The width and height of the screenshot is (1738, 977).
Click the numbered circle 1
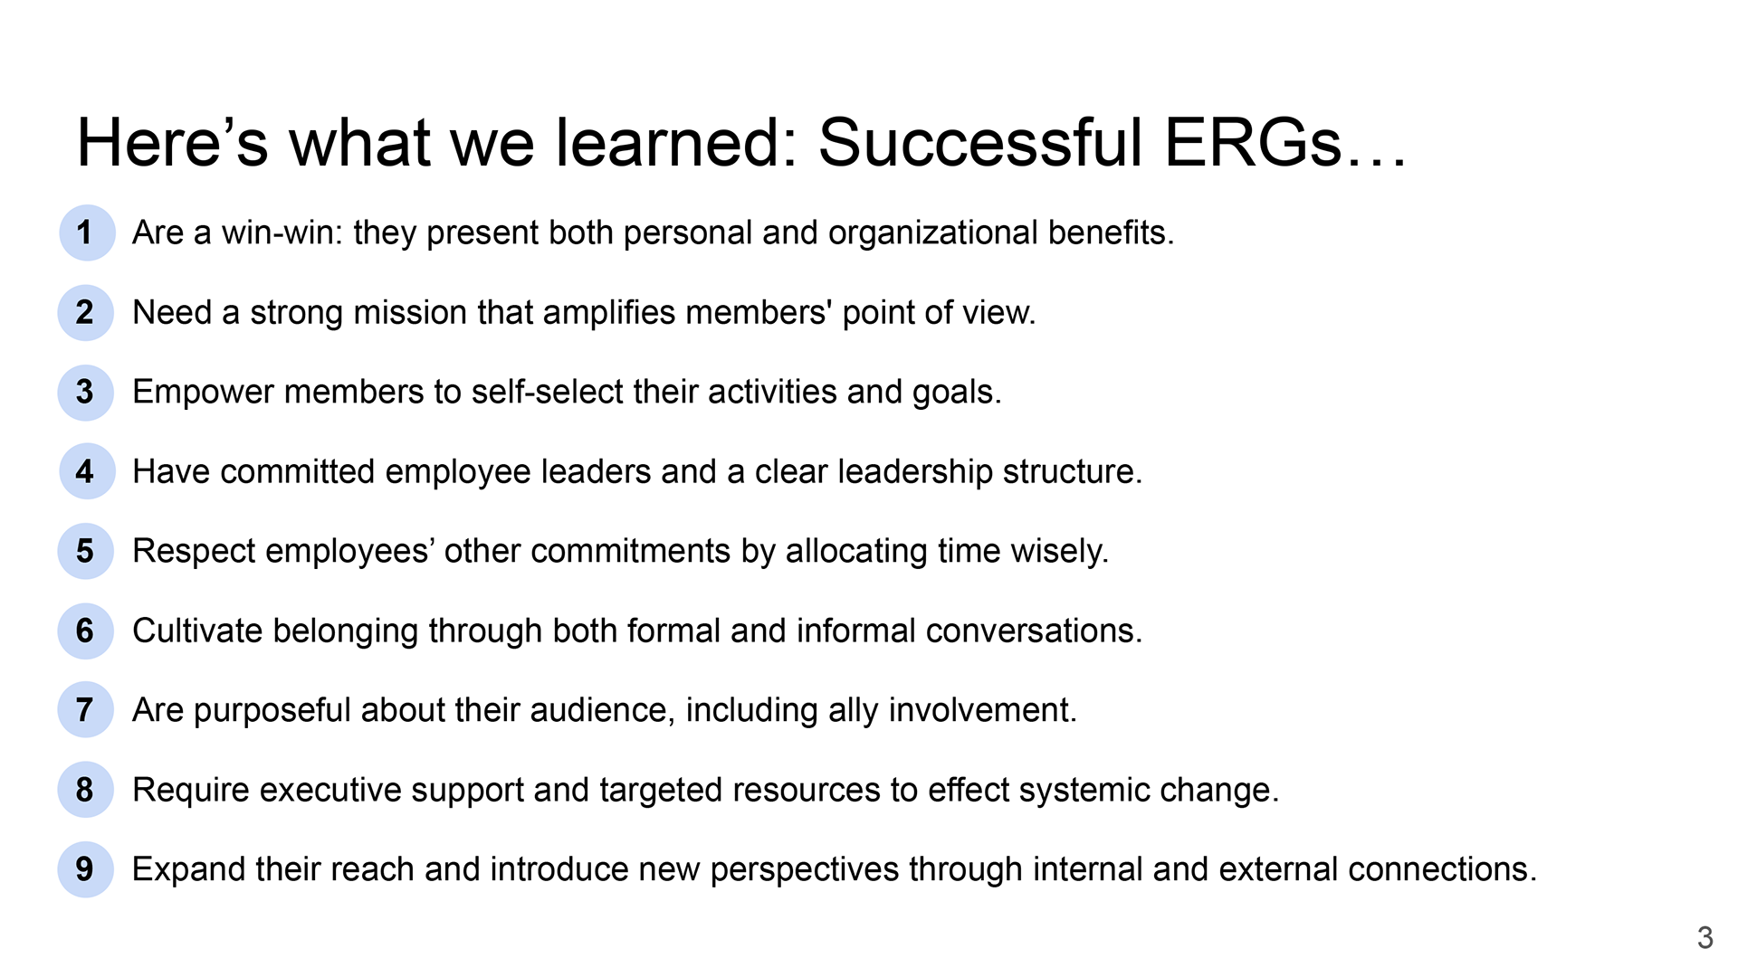click(87, 233)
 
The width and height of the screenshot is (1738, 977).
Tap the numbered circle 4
click(87, 471)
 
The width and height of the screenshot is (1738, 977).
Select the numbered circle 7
click(86, 710)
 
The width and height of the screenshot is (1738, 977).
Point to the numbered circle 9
click(86, 869)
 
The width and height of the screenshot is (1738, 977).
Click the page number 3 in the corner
click(1705, 937)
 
